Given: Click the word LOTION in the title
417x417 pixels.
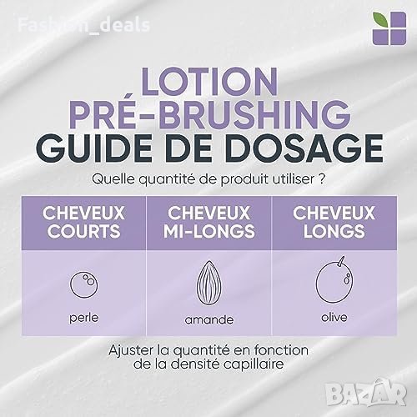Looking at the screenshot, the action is tap(209, 82).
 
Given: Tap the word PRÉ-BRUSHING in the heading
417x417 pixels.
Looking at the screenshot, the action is tap(209, 114).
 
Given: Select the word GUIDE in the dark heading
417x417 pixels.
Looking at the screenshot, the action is tap(94, 148).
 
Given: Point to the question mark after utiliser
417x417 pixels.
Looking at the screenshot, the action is tap(321, 179).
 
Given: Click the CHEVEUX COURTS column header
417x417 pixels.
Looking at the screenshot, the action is tap(83, 222).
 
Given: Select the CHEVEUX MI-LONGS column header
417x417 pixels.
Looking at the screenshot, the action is tap(209, 222).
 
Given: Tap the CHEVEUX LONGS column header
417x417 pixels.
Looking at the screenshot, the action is tap(334, 222).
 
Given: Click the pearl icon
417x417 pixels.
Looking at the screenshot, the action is tap(83, 284).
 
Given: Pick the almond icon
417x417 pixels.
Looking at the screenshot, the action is tap(209, 281).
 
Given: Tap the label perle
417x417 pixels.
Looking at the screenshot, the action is tap(83, 318).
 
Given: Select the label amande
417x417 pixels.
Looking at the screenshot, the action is tap(209, 319).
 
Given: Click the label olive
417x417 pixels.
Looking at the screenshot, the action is tap(334, 317).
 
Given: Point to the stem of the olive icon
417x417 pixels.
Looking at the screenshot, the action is tap(341, 261).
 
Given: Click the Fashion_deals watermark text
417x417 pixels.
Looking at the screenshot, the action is tap(83, 25).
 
